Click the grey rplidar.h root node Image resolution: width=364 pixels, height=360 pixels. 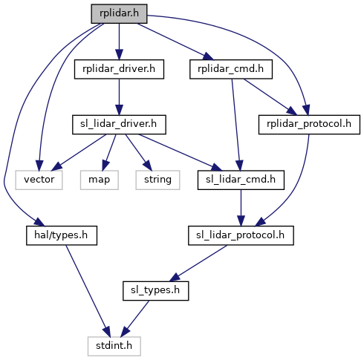119,14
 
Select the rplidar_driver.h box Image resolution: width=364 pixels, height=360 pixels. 119,69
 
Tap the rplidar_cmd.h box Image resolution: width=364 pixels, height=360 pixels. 231,69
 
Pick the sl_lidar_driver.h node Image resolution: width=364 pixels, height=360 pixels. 119,125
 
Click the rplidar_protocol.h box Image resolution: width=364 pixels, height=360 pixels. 309,125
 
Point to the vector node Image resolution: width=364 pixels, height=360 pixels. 39,180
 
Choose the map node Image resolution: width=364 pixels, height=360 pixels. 100,180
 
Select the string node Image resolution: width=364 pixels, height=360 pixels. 157,180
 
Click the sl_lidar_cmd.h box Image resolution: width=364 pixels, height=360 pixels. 241,180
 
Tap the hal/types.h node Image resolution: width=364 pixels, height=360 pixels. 62,235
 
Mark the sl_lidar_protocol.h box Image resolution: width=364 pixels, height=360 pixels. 241,235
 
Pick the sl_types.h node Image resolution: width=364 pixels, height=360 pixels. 156,291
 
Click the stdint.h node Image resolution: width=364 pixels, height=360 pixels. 114,347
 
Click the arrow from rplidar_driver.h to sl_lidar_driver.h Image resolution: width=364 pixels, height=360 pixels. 119,97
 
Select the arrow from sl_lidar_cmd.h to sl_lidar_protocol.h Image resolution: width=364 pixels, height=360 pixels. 241,208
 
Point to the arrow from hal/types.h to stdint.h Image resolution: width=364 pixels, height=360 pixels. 88,291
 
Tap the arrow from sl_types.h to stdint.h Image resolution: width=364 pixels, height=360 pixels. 135,318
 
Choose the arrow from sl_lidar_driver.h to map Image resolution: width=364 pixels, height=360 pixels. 109,152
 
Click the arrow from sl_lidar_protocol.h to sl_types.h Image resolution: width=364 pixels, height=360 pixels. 198,264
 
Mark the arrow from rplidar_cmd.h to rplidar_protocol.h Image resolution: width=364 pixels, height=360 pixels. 270,97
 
